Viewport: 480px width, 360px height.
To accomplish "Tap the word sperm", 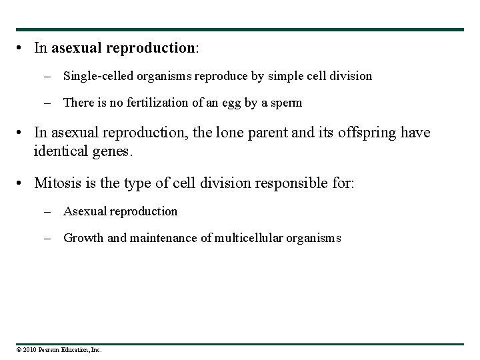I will [x=287, y=103].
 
